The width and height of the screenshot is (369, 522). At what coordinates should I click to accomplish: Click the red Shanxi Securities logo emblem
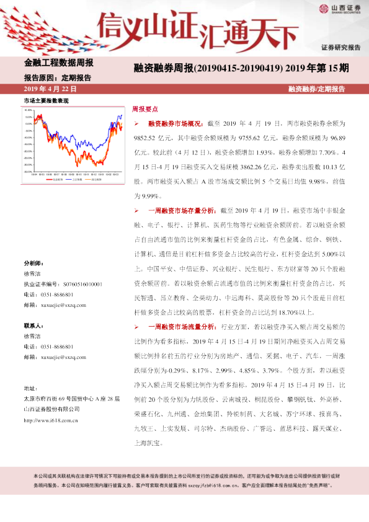(x=324, y=8)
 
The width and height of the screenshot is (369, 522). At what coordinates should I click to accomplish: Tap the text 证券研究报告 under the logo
(x=340, y=47)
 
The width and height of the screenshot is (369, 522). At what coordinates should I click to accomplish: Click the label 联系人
(x=33, y=325)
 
